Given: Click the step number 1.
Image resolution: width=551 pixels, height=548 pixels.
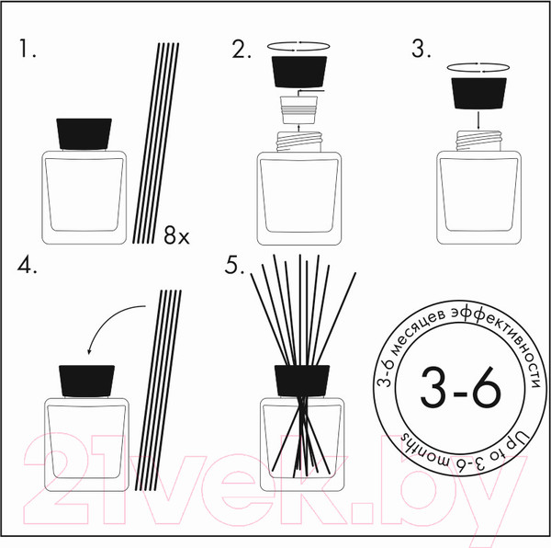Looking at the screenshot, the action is pos(27,48).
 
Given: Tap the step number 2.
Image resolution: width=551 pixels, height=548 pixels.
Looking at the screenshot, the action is pos(242,49).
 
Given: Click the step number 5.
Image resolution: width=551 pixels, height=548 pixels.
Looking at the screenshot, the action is pos(234,265).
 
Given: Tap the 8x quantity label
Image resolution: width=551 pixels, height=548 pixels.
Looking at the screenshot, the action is pos(176,235).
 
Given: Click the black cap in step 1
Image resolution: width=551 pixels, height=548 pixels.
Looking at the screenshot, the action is pos(84,133).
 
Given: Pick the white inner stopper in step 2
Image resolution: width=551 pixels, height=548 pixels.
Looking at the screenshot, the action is pos(298,110).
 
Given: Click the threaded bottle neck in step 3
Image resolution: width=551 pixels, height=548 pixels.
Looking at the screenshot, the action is pos(478,141).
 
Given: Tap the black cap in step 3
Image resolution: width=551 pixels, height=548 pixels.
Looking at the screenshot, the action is pos(478,93).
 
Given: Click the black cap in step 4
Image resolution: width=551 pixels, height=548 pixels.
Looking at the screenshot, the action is pos(87,381).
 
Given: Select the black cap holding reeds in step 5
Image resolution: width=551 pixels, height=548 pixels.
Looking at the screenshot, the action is pos(302,381).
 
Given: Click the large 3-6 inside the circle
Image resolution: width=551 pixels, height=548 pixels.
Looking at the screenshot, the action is pos(460,387).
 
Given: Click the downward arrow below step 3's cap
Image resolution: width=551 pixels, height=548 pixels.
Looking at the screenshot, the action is pos(478,120).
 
